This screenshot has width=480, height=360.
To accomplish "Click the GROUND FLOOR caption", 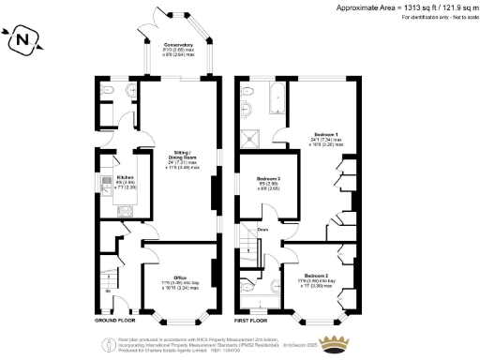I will pyautogui.click(x=117, y=307).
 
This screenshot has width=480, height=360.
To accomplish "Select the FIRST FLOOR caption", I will pyautogui.click(x=252, y=307).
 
